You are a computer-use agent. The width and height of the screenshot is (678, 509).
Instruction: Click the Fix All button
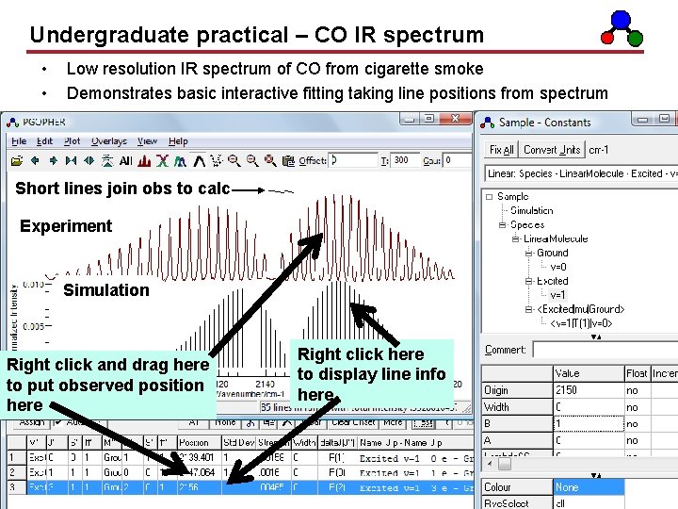click(x=502, y=150)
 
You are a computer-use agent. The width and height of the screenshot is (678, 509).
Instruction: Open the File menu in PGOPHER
click(x=19, y=141)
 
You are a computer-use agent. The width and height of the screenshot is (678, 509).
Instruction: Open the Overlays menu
click(x=109, y=141)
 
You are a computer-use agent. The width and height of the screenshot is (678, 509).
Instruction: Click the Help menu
click(x=178, y=141)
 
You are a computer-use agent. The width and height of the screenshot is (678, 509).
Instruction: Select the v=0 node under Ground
click(x=558, y=267)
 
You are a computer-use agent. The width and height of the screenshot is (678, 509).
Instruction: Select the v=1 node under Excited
click(x=558, y=295)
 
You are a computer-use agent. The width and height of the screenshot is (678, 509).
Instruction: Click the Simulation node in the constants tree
click(x=531, y=211)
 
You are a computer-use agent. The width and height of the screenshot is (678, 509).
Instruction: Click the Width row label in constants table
click(x=496, y=407)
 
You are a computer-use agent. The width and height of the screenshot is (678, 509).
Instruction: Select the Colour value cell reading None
click(x=588, y=487)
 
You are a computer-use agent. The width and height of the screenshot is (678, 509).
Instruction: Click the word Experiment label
click(x=66, y=226)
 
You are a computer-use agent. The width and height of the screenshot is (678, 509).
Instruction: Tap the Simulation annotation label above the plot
click(x=105, y=290)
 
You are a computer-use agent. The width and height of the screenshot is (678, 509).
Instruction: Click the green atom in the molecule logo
click(x=635, y=38)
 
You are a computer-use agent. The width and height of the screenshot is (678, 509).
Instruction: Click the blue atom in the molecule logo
click(x=621, y=18)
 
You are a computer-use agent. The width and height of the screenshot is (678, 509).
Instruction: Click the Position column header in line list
click(x=193, y=442)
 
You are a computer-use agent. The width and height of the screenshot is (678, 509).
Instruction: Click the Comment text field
click(x=603, y=350)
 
